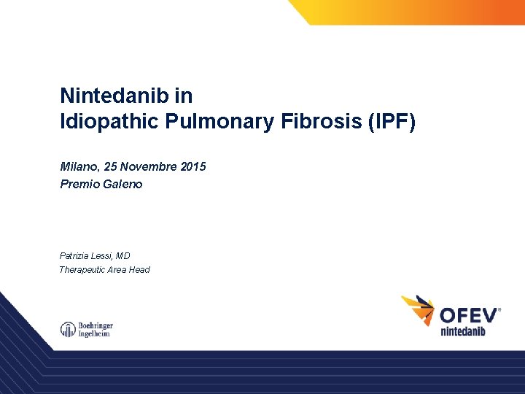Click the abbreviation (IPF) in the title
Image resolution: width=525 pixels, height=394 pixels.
pyautogui.click(x=394, y=121)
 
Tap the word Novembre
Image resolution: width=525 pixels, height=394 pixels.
pyautogui.click(x=151, y=166)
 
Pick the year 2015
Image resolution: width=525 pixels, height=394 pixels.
pyautogui.click(x=192, y=166)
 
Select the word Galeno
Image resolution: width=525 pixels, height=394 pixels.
pyautogui.click(x=123, y=184)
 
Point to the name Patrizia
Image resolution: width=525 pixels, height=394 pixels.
pyautogui.click(x=75, y=256)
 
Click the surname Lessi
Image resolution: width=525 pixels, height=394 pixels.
pyautogui.click(x=104, y=256)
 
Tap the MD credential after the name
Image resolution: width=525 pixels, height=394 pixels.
pyautogui.click(x=123, y=256)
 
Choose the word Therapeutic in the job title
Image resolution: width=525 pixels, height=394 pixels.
pyautogui.click(x=83, y=270)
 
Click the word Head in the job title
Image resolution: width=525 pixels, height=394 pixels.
pyautogui.click(x=140, y=270)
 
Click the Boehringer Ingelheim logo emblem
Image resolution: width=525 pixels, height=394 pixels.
pyautogui.click(x=68, y=330)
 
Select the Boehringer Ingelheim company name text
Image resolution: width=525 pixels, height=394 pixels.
pyautogui.click(x=96, y=330)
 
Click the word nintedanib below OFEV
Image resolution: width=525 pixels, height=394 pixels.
pyautogui.click(x=463, y=331)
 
